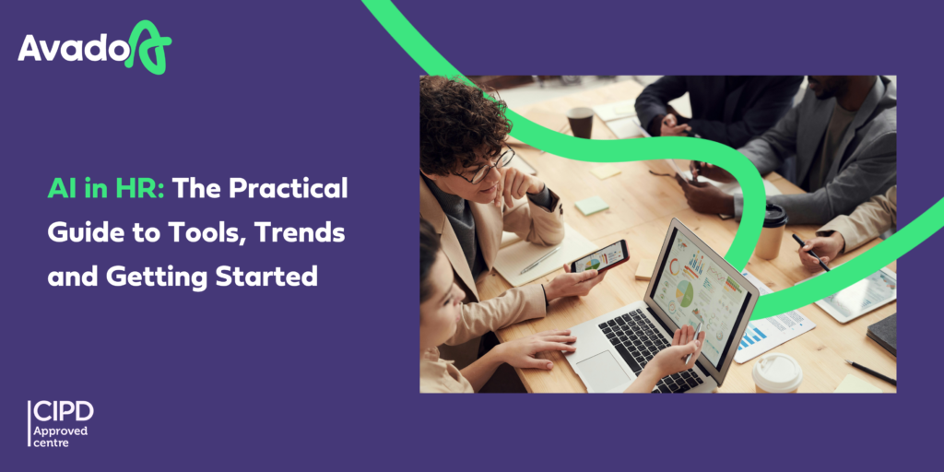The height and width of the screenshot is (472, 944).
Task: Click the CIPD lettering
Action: (x=64, y=411)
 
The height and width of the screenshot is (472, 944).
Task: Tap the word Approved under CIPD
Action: (x=60, y=431)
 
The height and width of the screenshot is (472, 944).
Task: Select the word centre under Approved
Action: (x=51, y=443)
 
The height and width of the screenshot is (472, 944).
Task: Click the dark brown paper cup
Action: (x=580, y=123)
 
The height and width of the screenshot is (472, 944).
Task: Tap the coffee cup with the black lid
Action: (x=772, y=230)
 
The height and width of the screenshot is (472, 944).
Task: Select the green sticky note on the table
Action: (x=592, y=206)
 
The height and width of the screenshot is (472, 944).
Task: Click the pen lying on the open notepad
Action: (x=540, y=260)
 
